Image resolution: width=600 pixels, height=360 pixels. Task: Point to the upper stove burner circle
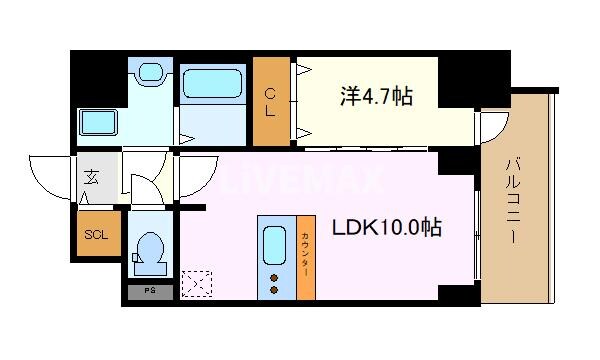point(274,275)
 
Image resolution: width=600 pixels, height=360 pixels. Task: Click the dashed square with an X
point(198,285)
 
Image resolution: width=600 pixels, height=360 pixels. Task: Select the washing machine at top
point(152,75)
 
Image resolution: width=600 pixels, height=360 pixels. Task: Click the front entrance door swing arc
point(50,175)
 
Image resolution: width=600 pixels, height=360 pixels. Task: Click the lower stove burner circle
point(274,289)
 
